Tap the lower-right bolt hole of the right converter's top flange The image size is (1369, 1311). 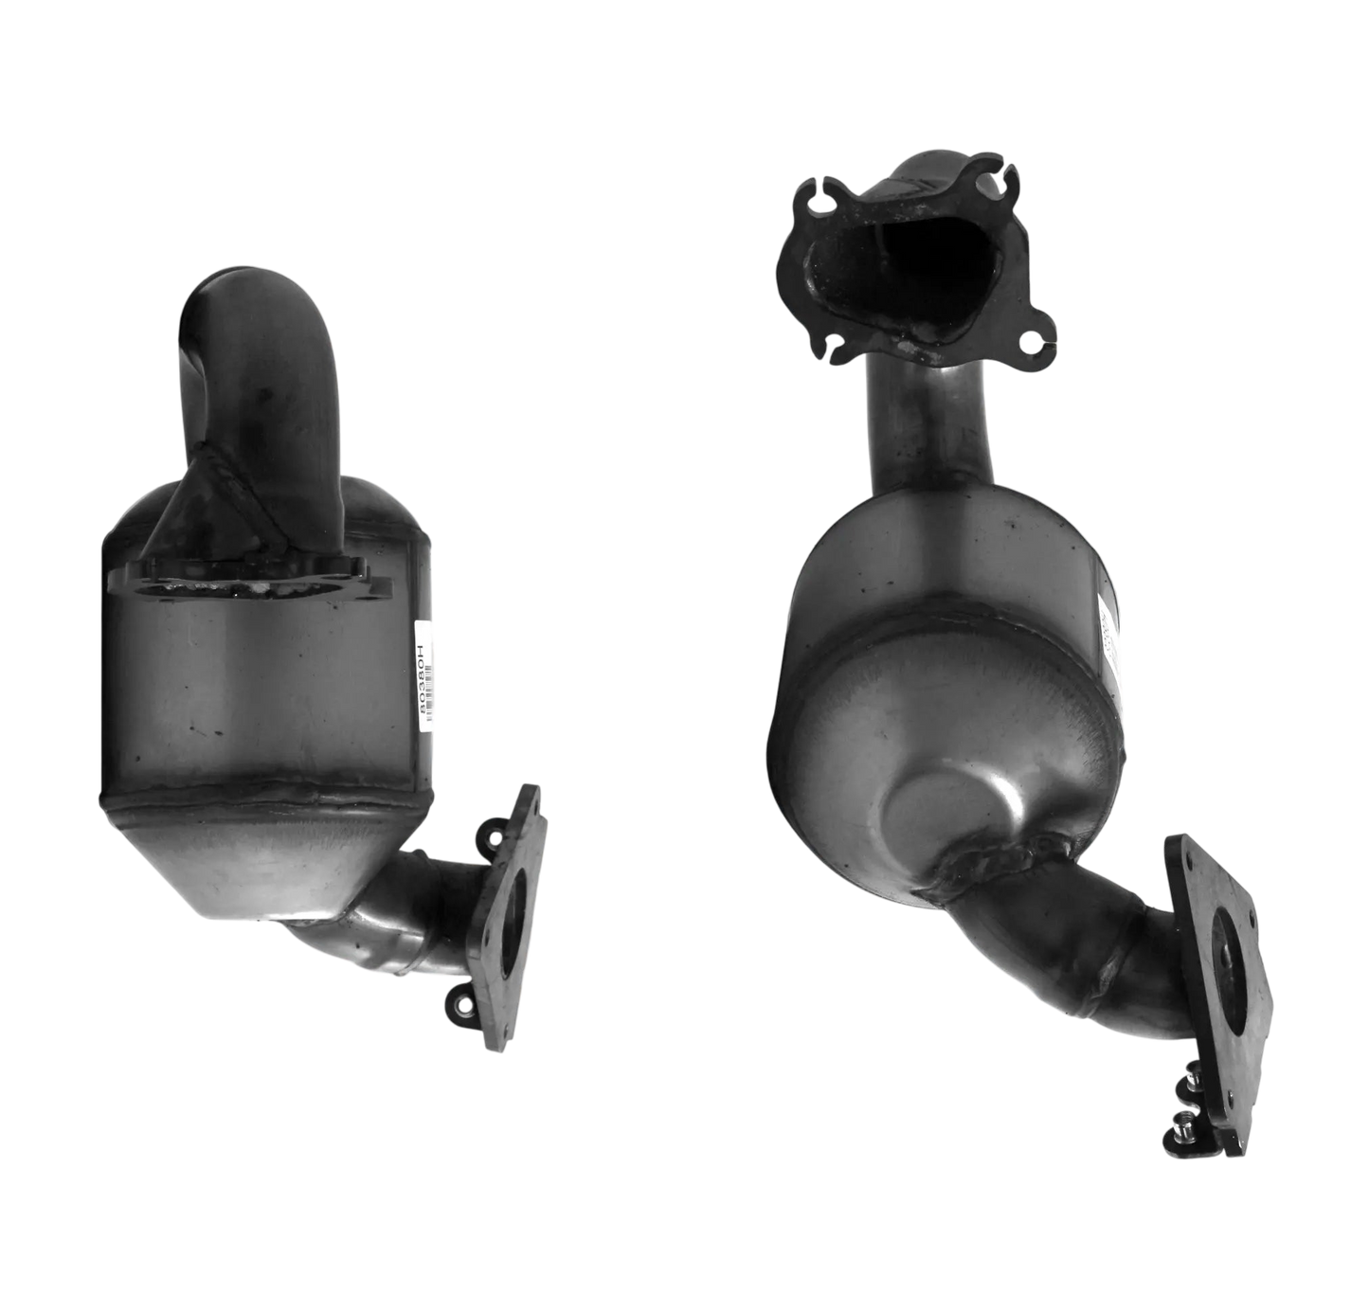[1031, 338]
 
